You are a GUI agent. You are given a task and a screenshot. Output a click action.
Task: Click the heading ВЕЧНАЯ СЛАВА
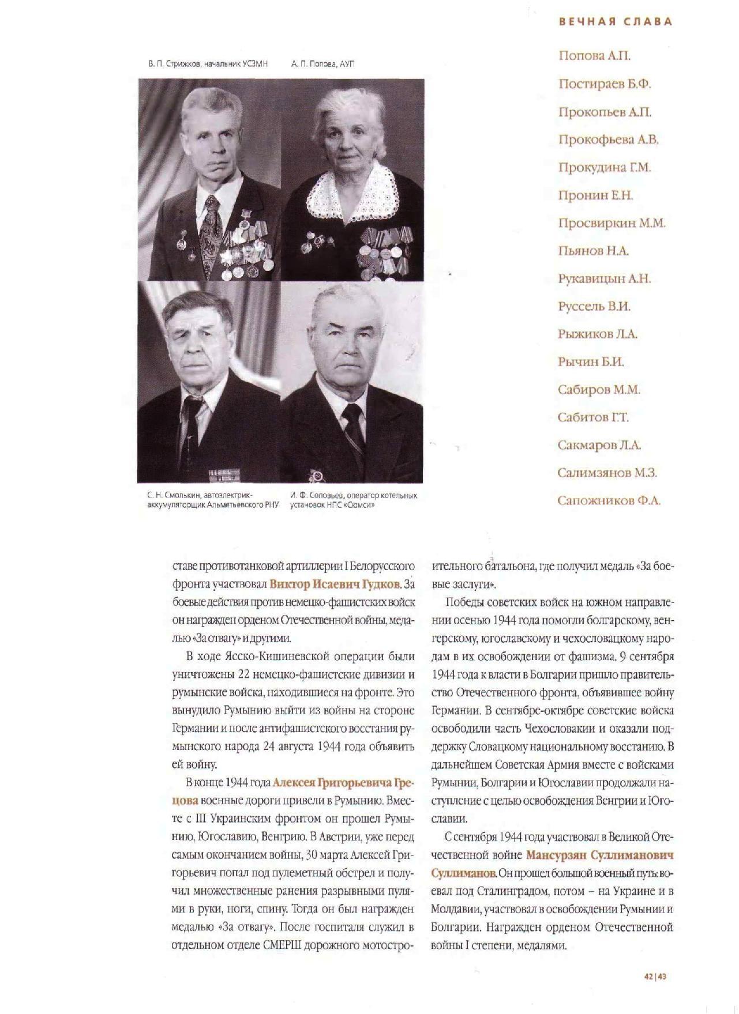[x=616, y=22]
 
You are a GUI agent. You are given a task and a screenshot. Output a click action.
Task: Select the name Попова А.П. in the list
[x=594, y=56]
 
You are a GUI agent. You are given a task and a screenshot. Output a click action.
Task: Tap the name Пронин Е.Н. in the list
[x=595, y=195]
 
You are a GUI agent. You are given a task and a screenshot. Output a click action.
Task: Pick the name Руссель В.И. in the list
[x=594, y=306]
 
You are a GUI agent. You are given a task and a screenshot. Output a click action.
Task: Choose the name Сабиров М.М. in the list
[x=599, y=390]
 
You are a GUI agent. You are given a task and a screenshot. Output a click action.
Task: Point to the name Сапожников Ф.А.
[x=609, y=501]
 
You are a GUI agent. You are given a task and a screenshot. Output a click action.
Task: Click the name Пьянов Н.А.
[x=593, y=251]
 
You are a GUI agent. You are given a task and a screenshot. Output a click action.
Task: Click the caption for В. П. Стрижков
[x=208, y=64]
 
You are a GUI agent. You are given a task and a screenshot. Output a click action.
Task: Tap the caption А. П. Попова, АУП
[x=323, y=64]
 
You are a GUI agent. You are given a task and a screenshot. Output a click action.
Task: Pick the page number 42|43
[x=655, y=977]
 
